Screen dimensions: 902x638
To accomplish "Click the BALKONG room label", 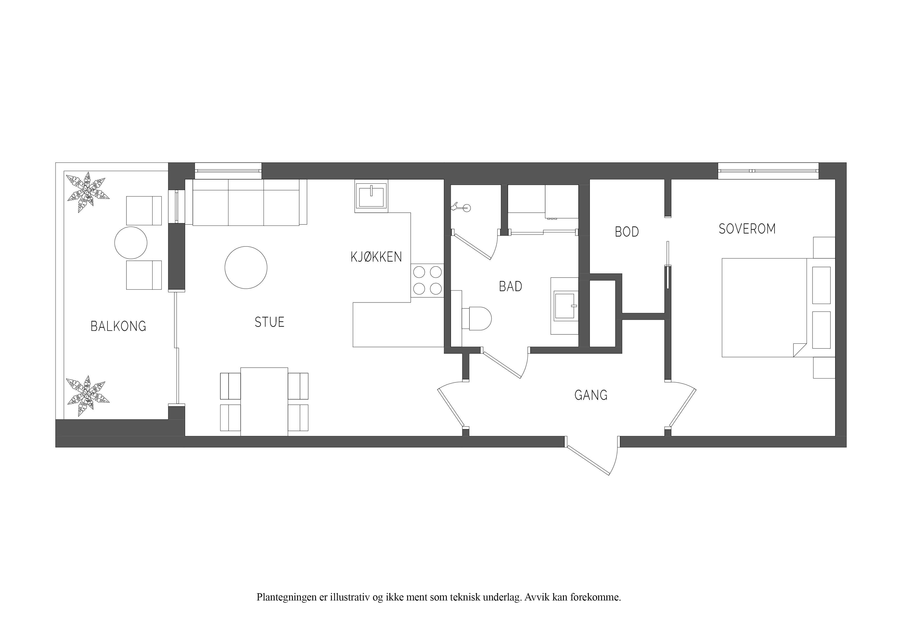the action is pos(118,326).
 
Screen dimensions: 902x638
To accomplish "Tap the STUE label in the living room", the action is pos(269,322).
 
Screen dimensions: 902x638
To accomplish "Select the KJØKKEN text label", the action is pos(376,257).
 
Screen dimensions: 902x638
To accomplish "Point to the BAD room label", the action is pos(511,287).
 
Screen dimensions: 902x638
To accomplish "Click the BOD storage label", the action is pos(627,232).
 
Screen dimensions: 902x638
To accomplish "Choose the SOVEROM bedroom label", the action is pos(747,229).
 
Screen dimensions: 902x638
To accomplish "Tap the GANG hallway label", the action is pos(591,395).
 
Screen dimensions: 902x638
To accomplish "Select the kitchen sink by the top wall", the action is pos(371,196).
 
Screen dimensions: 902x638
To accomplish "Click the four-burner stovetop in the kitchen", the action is pos(427,280).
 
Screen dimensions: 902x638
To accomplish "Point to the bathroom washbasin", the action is pos(565,306).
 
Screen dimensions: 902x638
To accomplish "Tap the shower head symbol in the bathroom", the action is pos(461,207).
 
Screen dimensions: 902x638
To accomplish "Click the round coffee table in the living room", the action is pos(246,268).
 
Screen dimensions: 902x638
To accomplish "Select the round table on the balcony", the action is pos(131,243).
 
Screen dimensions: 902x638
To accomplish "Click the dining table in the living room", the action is pos(264,402).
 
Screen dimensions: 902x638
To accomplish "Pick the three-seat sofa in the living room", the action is pos(246,202).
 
